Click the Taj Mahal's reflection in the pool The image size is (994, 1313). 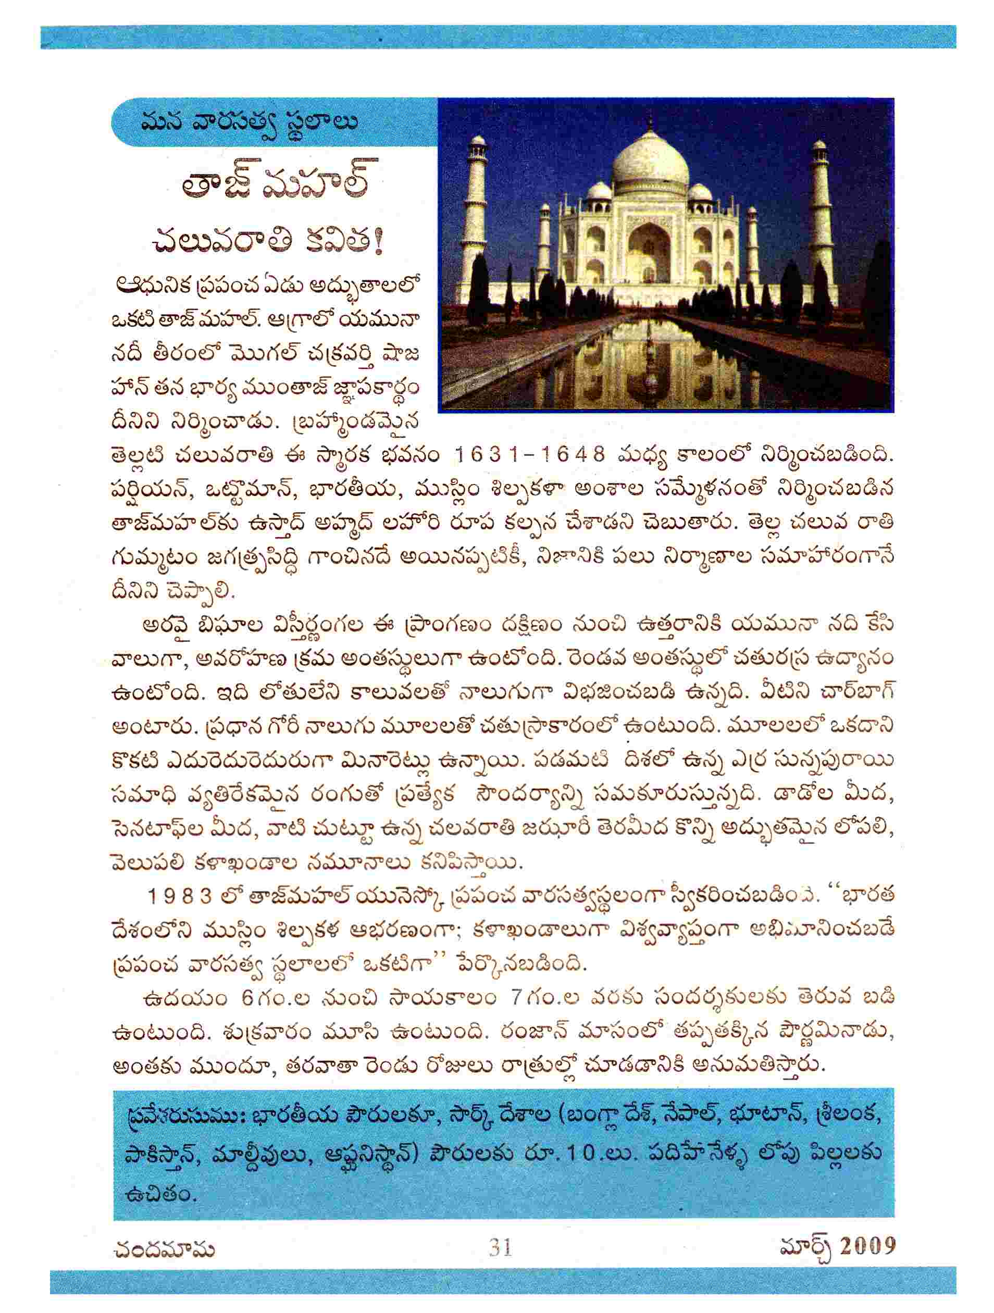647,362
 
